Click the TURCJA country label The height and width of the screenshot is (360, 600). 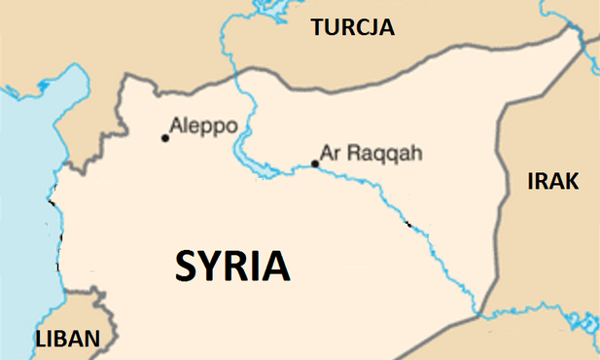pos(353,28)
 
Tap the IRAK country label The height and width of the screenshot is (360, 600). pos(552,181)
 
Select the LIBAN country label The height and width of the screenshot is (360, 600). pos(67,340)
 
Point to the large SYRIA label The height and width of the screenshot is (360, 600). pos(232,266)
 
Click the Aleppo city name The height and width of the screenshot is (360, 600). pos(202,126)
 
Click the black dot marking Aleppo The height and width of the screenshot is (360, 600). pos(165,138)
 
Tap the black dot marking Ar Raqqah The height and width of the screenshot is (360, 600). pos(313,163)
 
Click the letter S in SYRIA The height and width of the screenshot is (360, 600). pos(187,266)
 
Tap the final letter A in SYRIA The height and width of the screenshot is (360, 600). pos(277,266)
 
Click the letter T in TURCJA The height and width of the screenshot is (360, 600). pos(318,28)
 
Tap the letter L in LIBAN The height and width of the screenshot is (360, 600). pos(41,340)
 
